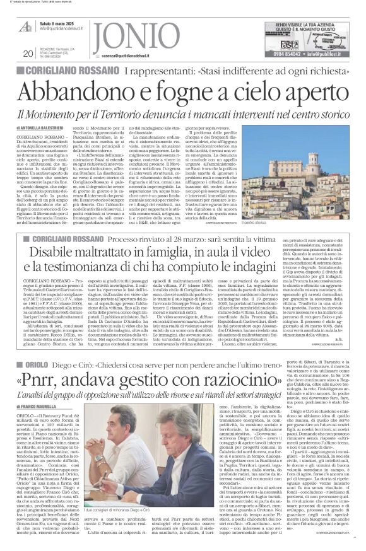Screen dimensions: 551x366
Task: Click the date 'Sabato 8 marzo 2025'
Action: coord(61,23)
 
